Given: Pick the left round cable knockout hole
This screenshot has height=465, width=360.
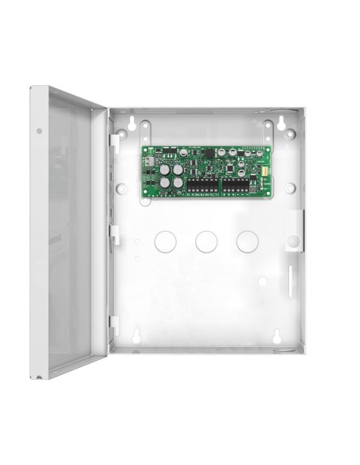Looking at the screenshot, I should click(x=165, y=240).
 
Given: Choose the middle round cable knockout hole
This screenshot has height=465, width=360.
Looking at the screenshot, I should click(x=205, y=240).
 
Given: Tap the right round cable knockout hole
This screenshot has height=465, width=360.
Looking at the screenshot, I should click(x=246, y=240).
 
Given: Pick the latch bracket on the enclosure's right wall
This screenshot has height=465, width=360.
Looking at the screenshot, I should click(x=294, y=227).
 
